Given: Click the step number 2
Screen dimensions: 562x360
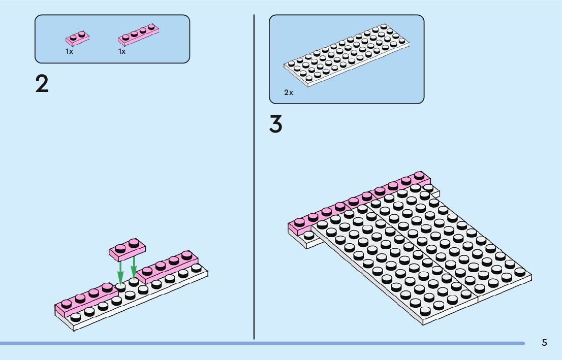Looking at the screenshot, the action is pyautogui.click(x=42, y=84).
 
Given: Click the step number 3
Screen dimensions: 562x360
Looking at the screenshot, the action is pyautogui.click(x=275, y=124).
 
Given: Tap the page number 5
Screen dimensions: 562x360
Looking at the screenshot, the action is pyautogui.click(x=544, y=343).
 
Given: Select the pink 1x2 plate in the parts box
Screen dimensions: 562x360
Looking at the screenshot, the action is pyautogui.click(x=77, y=37).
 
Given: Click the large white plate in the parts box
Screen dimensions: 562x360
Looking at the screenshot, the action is pyautogui.click(x=347, y=55).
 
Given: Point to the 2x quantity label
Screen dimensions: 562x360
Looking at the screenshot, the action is pyautogui.click(x=289, y=93).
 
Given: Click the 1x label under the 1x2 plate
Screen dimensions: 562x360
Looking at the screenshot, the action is pyautogui.click(x=69, y=51).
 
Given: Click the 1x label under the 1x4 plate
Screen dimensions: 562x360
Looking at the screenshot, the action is pyautogui.click(x=122, y=51).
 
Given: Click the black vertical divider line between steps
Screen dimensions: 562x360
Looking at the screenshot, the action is pyautogui.click(x=254, y=178).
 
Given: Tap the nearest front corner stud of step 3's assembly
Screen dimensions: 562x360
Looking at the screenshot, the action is pyautogui.click(x=425, y=310).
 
